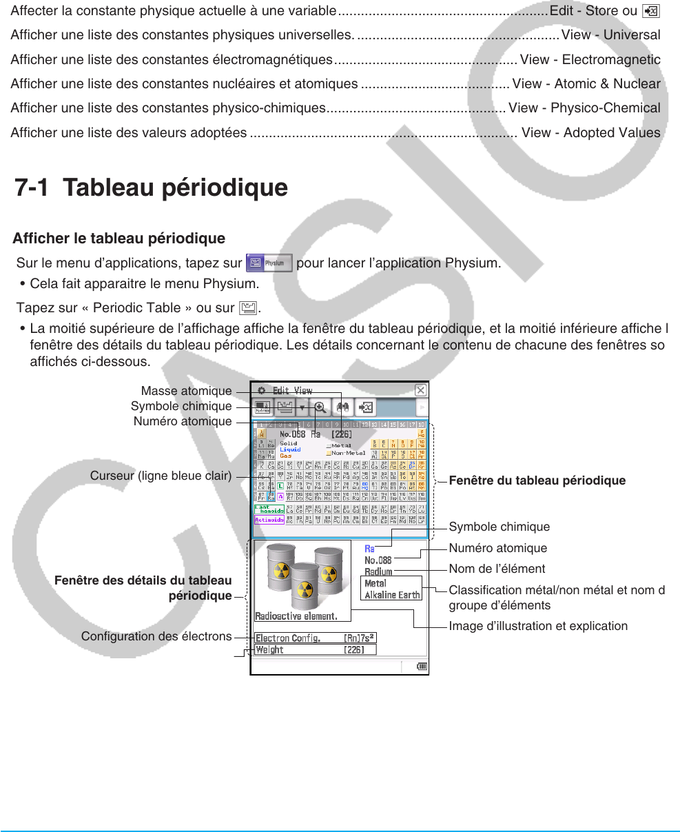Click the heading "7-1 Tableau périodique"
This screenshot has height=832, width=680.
coord(152,188)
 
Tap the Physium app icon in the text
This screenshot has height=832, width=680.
coord(269,263)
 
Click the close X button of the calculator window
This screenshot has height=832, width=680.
coord(420,390)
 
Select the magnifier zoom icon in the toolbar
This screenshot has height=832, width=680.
coord(320,408)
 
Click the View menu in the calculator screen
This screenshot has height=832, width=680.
coord(303,390)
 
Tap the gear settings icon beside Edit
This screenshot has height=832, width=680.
coord(262,390)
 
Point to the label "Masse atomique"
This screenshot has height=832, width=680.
coord(186,392)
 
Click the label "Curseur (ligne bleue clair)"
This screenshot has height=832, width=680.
coord(161,476)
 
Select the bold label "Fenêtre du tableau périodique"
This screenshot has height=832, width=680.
coord(537,480)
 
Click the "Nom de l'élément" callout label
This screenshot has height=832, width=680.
coord(497,569)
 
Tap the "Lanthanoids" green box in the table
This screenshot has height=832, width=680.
coord(269,509)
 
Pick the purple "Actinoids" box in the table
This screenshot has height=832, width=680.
coord(269,520)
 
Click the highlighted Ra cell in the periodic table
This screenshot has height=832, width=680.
coord(271,497)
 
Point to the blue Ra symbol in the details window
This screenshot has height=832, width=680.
coord(370,549)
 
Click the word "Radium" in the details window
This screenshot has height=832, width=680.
coord(378,571)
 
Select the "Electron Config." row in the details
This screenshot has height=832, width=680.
coord(315,638)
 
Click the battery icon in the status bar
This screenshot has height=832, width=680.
coord(422,667)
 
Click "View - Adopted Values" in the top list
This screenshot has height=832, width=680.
coord(591,132)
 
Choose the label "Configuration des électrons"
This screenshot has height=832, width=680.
coord(156,636)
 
